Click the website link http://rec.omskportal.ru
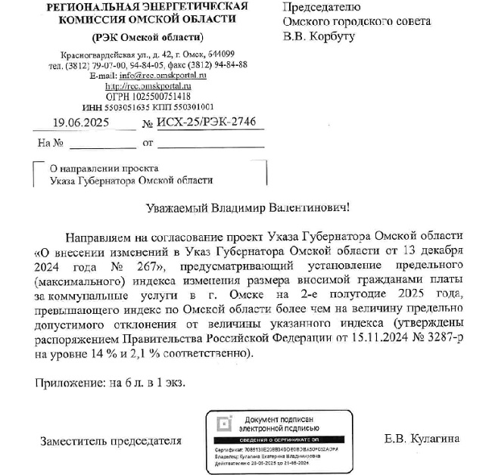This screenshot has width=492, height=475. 148,86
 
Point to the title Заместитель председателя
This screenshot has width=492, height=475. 111,439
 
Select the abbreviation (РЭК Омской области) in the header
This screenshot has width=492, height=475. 148,37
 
